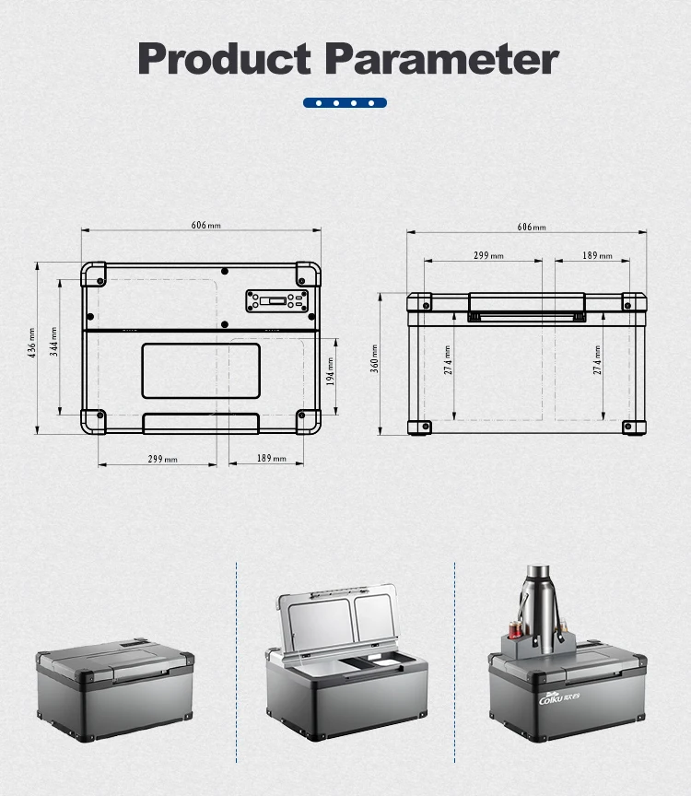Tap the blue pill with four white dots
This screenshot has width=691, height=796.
pos(345,103)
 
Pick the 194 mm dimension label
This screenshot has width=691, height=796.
pos(331,372)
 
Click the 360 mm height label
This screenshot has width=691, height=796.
pos(375,359)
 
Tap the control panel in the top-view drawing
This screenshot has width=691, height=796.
pos(275,301)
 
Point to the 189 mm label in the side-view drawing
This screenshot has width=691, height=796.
pos(596,255)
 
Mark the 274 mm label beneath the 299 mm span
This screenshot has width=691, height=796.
pos(448,359)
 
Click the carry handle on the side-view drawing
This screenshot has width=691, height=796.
pos(527,307)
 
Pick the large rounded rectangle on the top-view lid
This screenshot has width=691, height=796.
pos(200,371)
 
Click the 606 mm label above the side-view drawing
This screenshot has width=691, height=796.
pos(531,227)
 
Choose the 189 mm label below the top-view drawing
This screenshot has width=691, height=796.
pos(270,458)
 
